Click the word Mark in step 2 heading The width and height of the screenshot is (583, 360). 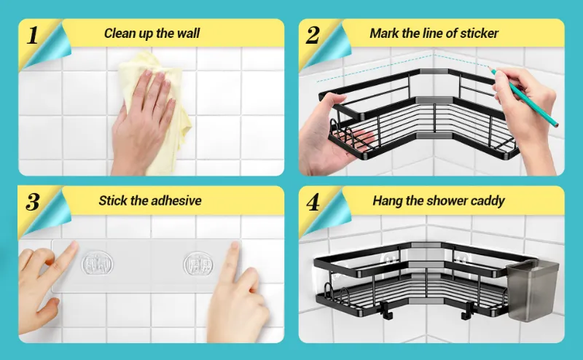[384, 33]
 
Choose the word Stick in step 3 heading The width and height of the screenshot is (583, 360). [113, 200]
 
